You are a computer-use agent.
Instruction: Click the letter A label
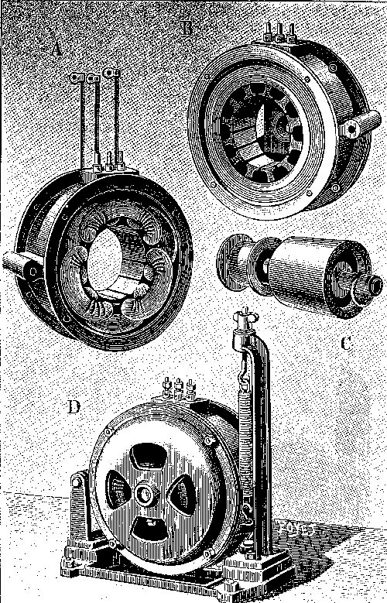(x=57, y=48)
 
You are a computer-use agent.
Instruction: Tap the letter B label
(x=187, y=27)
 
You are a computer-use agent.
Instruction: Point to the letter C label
(x=346, y=343)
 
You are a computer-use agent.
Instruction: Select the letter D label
(x=74, y=407)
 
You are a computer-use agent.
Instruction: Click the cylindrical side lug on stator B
(x=360, y=125)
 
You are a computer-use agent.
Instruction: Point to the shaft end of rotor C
(x=372, y=286)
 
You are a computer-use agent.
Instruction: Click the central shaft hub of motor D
(x=145, y=495)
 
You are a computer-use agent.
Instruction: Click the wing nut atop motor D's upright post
(x=245, y=314)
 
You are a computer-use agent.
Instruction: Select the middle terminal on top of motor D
(x=178, y=388)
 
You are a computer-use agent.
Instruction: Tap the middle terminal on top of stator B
(x=279, y=33)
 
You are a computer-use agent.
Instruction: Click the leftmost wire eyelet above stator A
(x=77, y=78)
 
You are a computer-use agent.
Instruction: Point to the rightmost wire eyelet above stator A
(x=112, y=73)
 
